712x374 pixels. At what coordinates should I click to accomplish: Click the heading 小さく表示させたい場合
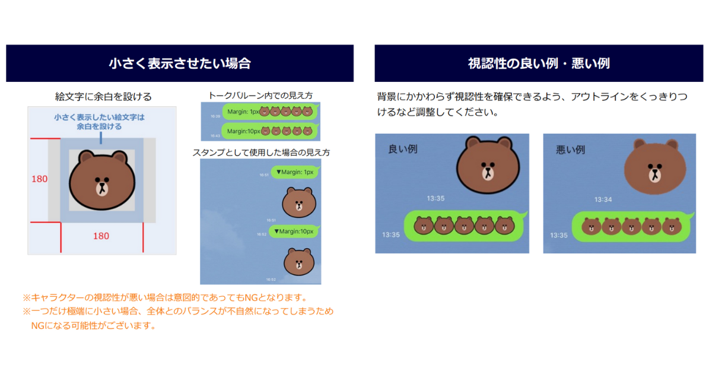pos(179,64)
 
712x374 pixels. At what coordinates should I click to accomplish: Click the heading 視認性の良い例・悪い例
pos(539,64)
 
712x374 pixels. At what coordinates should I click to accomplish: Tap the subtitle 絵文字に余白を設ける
pos(103,96)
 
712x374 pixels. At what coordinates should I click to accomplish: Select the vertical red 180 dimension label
pos(40,178)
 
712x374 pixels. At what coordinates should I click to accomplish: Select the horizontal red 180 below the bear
pos(101,236)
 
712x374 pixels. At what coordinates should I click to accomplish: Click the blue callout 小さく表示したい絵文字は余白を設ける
pos(99,122)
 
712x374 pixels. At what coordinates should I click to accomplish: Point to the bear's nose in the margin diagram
pos(102,185)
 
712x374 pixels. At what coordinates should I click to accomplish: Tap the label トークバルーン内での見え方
pos(260,95)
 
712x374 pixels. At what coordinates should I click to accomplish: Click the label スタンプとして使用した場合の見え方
pos(261,153)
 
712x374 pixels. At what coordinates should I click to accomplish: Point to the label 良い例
pos(403,149)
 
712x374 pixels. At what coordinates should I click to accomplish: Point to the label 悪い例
pos(570,149)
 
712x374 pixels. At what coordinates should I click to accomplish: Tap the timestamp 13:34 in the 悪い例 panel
pos(604,199)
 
